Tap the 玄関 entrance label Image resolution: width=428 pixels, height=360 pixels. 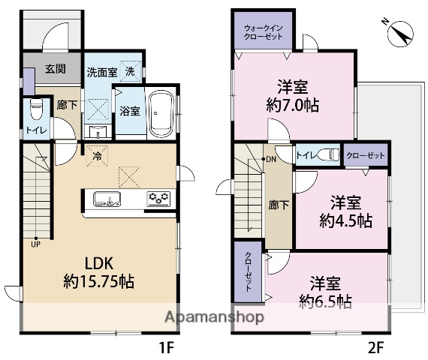tap(55, 70)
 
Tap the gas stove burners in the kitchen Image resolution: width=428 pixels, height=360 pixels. tap(158, 199)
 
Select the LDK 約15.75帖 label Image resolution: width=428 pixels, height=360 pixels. tap(98, 274)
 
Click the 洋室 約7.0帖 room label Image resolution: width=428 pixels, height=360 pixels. tap(294, 96)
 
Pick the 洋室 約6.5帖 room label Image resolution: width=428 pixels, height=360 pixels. tap(325, 292)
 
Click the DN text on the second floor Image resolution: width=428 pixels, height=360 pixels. tap(270, 160)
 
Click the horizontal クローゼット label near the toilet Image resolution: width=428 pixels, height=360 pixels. tap(366, 155)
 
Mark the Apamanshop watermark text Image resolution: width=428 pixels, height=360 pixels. tap(213, 316)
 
